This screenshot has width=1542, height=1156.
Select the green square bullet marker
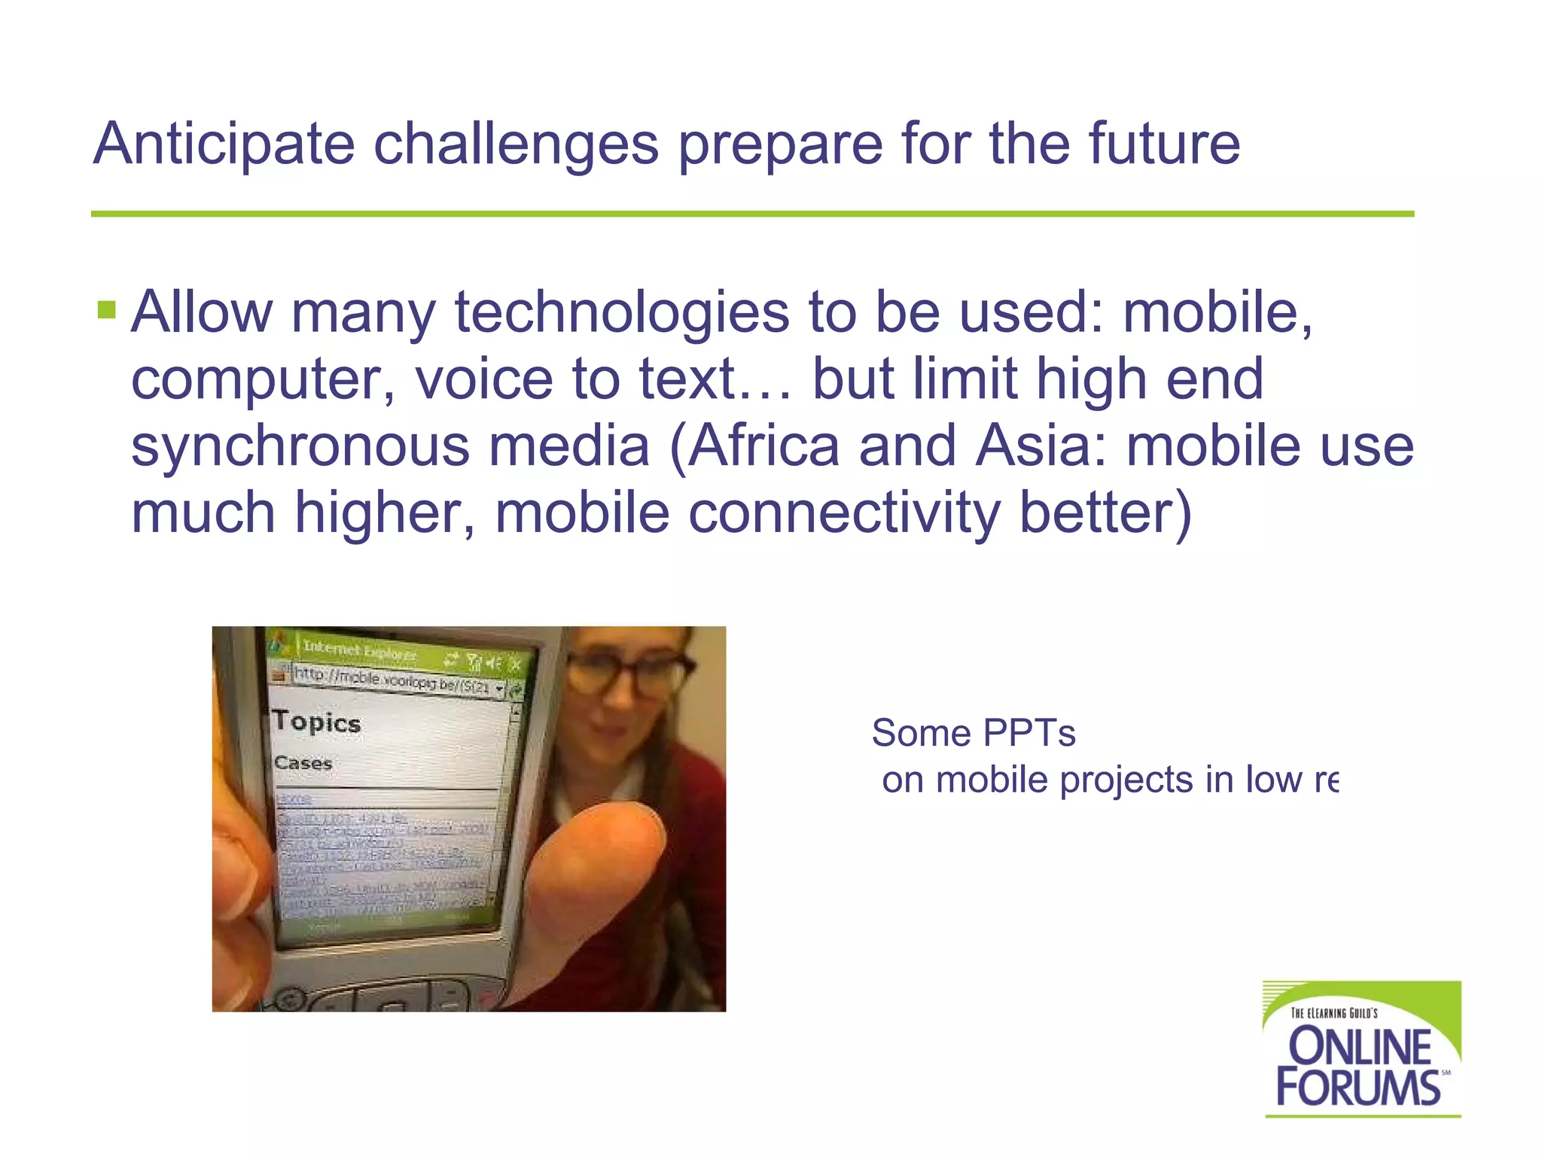[x=107, y=310]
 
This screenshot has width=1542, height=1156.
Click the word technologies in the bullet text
[x=622, y=313]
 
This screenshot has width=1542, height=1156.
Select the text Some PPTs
[x=973, y=733]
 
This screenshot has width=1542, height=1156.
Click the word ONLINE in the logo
[x=1360, y=1047]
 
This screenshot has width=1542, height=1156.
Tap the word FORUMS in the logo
[x=1358, y=1088]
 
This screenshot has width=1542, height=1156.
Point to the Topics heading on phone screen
[x=317, y=722]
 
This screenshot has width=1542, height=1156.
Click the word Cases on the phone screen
[x=303, y=762]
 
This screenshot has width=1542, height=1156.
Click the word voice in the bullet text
[x=483, y=379]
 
